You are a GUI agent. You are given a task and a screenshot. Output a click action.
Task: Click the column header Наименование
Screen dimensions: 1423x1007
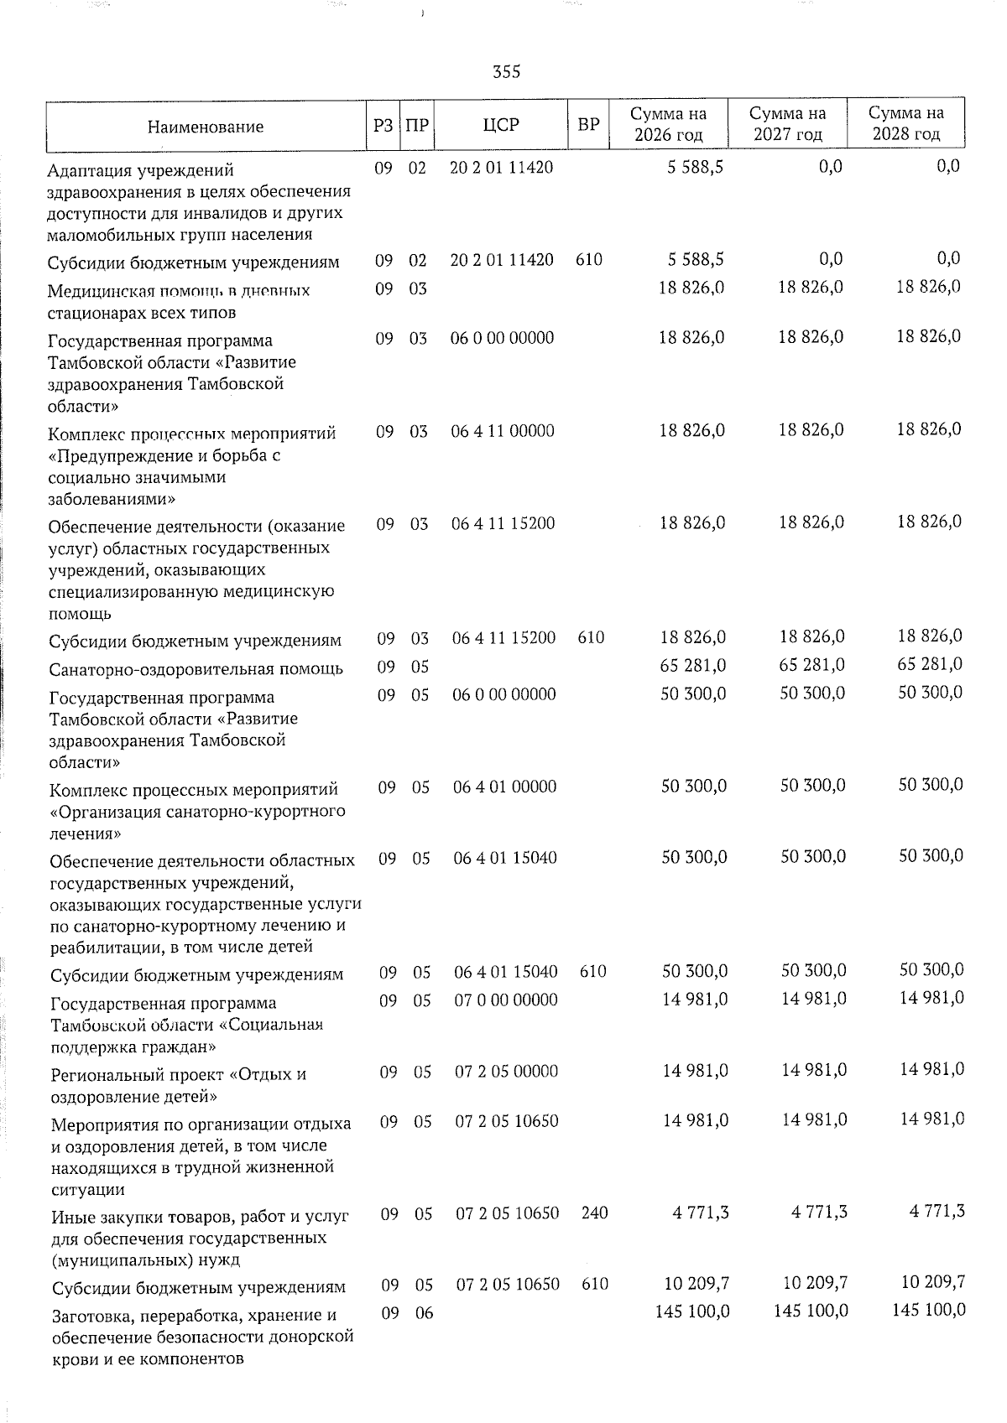(206, 127)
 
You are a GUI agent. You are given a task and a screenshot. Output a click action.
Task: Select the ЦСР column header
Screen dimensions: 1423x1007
(501, 125)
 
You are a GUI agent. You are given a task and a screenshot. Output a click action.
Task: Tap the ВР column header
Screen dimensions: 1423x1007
(589, 125)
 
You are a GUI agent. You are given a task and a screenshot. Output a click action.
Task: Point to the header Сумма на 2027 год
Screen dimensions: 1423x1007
(787, 123)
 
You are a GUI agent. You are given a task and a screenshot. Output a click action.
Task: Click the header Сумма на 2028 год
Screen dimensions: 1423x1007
(905, 123)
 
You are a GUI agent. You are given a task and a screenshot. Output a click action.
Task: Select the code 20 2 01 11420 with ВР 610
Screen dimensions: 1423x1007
(502, 260)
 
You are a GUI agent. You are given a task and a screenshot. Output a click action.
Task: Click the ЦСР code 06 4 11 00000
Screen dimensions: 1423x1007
(503, 431)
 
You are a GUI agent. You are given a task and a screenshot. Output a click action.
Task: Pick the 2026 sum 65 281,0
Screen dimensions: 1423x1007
(693, 666)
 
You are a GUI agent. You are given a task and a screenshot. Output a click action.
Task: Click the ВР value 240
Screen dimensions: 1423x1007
(594, 1213)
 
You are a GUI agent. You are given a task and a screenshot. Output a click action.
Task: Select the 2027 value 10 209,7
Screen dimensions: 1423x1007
(814, 1283)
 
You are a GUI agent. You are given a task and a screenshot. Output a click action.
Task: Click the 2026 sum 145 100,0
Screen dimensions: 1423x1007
(692, 1311)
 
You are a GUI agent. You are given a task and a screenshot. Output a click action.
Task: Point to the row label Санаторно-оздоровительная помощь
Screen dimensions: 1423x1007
(196, 669)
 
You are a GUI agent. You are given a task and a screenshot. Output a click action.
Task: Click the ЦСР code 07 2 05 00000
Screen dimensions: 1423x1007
(506, 1071)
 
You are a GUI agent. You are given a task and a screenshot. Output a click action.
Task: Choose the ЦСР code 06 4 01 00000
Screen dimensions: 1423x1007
(504, 787)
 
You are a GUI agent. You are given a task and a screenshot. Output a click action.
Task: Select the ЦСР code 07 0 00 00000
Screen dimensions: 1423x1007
(505, 1000)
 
